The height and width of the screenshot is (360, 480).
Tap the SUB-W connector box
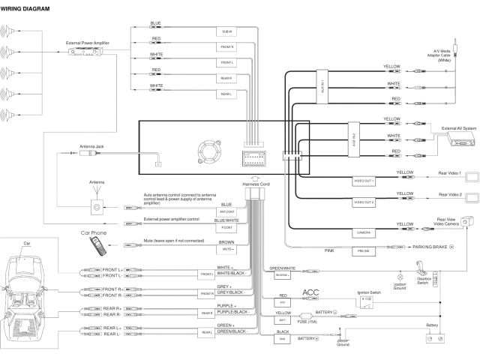coord(226,31)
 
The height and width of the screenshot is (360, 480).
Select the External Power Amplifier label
coord(88,43)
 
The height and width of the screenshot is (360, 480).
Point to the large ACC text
coord(310,292)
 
